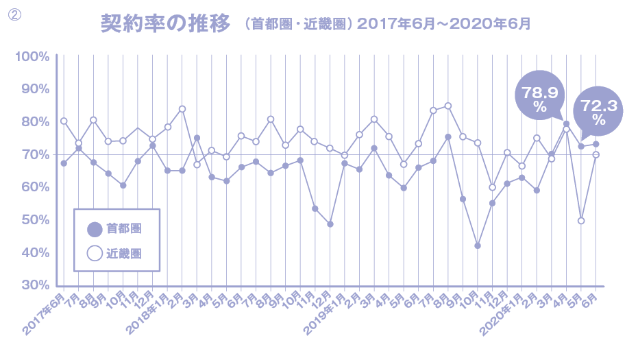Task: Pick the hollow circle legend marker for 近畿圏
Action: pos(95,253)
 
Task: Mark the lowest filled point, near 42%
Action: pos(478,245)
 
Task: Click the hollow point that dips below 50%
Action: pos(581,221)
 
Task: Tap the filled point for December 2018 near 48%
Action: pos(330,224)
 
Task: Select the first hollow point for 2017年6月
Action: pos(64,121)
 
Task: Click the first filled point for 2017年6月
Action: pos(64,163)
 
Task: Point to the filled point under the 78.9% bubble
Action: pos(567,124)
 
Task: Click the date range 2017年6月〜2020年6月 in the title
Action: pos(443,24)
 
